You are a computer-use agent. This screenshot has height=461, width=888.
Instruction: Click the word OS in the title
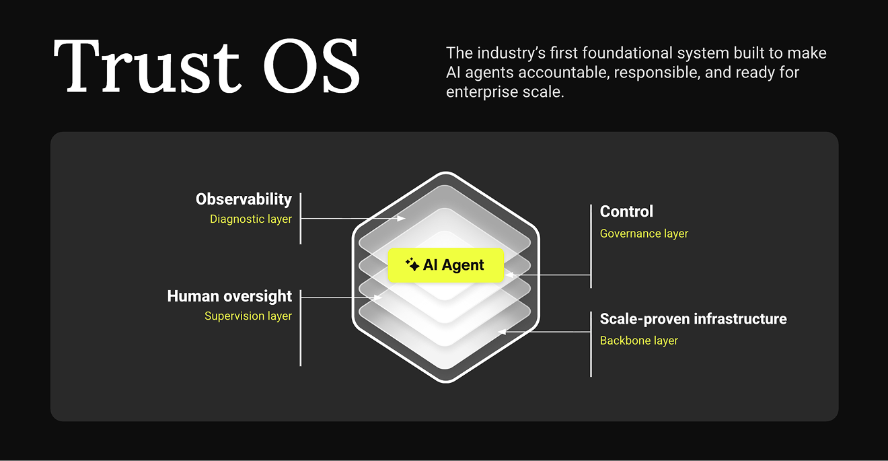311,66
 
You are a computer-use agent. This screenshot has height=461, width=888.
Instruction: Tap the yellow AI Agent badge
446,265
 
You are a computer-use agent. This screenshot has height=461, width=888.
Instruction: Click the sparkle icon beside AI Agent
412,264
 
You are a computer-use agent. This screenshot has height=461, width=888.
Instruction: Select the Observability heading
244,199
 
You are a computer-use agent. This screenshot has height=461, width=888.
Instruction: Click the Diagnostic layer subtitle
250,219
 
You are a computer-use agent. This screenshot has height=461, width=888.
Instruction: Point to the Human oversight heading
229,296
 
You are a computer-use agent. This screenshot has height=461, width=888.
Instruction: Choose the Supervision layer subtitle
248,316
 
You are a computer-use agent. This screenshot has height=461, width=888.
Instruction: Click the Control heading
626,211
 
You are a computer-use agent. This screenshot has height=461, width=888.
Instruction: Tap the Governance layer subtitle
644,234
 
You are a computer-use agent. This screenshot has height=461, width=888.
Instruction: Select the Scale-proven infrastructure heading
693,319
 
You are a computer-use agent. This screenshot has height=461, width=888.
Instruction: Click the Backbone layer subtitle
638,341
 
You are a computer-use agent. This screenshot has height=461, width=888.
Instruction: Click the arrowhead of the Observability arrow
402,219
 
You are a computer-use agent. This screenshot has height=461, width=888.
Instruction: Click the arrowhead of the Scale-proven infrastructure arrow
501,332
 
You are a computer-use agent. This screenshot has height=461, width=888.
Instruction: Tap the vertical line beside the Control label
591,246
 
